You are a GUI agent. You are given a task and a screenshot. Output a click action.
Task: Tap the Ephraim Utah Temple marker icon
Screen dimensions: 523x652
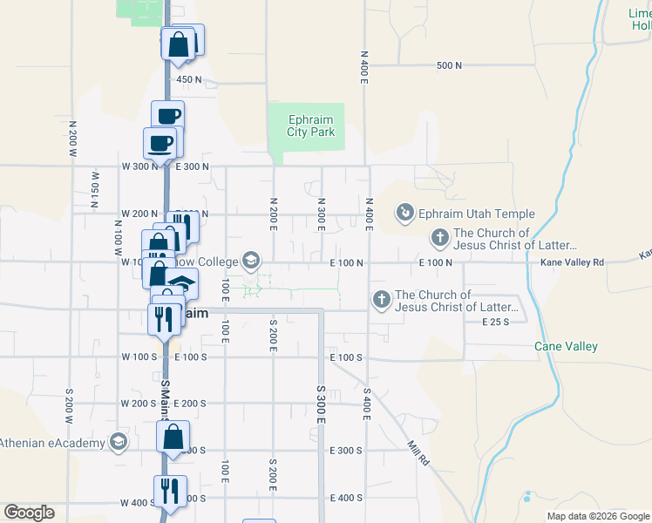coord(404,213)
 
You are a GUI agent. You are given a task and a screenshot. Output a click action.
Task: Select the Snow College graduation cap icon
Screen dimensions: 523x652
coord(251,260)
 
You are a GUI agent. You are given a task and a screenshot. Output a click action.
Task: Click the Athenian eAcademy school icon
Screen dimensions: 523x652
coord(116,442)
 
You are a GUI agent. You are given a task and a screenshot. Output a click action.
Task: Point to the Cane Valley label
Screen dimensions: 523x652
coord(566,346)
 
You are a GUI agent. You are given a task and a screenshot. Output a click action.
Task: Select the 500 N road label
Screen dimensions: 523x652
coord(448,65)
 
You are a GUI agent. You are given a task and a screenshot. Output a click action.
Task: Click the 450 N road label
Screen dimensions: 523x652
coord(189,79)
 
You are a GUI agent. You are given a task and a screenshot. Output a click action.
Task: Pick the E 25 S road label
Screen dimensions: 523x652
coord(495,322)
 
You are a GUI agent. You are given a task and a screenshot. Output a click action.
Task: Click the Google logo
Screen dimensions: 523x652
coord(29,513)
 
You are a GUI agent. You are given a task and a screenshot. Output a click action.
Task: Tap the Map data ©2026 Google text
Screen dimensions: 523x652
coord(597,516)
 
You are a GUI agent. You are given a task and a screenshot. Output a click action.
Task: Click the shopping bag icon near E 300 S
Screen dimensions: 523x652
coord(173,435)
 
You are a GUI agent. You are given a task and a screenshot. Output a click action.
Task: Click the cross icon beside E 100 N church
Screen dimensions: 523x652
coord(440,236)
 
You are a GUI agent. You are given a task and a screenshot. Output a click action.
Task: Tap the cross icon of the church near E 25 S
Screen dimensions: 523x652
coord(381,300)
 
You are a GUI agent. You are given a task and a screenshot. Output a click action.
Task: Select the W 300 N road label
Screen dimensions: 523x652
coord(138,166)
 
